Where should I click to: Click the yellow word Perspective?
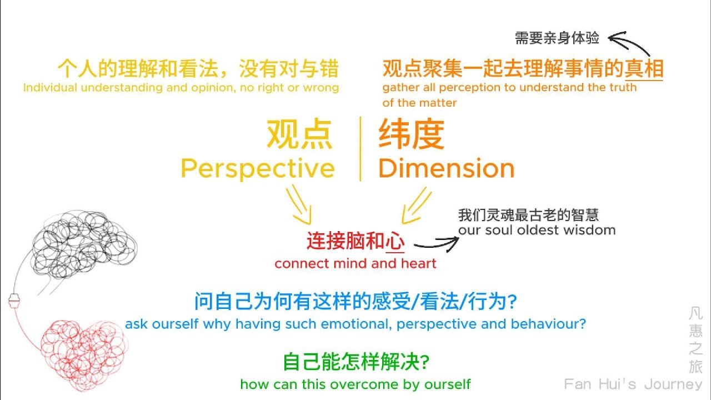[258, 168]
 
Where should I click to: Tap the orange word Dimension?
[447, 168]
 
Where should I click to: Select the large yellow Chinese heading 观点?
[300, 135]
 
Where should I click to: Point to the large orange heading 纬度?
[412, 135]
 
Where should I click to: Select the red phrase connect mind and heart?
[355, 263]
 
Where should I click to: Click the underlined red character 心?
[394, 242]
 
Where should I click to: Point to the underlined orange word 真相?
[644, 69]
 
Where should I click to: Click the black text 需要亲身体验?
[557, 38]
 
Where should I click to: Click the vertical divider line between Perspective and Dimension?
[360, 148]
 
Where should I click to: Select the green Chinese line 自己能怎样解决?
[355, 363]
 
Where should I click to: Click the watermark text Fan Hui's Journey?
[633, 384]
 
